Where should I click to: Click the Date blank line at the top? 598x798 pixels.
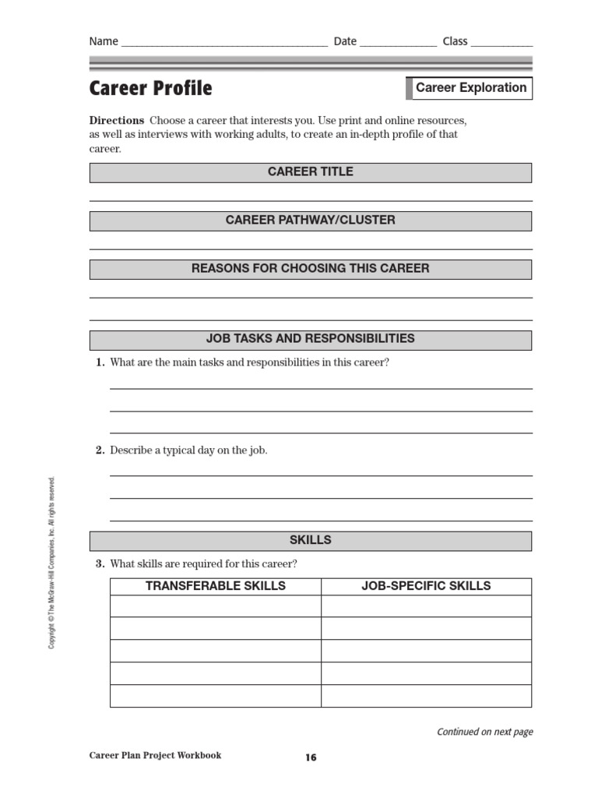point(398,43)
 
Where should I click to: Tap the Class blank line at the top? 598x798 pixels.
point(501,43)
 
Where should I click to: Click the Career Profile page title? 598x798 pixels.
point(150,89)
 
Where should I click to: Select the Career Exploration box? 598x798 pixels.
point(470,88)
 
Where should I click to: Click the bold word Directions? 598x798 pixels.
point(117,121)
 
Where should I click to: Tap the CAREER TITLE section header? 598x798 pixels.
point(311,172)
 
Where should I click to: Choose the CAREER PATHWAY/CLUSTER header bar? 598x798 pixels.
point(311,221)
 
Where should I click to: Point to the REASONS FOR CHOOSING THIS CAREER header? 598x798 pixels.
point(311,269)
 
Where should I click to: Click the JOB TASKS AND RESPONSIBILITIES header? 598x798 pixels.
point(311,339)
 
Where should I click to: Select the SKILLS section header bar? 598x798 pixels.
point(311,540)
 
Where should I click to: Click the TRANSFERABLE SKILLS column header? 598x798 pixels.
point(216,586)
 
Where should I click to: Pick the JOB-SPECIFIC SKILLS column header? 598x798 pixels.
point(426,586)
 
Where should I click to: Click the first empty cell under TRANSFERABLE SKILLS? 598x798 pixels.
point(216,606)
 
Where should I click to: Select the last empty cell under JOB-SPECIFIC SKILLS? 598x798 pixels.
point(426,696)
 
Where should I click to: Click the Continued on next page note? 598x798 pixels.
point(484,732)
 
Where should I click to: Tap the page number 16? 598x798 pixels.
point(311,757)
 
